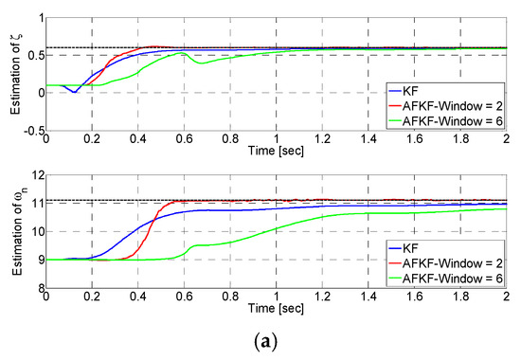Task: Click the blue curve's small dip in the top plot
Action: coord(75,91)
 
